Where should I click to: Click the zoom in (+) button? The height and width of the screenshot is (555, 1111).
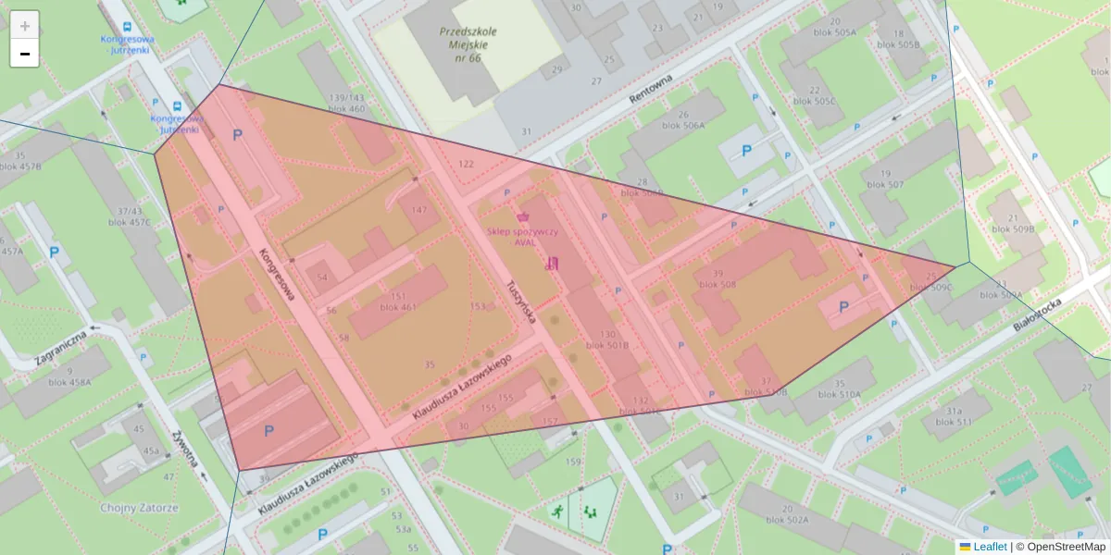(x=25, y=26)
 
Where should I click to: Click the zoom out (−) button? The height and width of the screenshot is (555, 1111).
(x=25, y=54)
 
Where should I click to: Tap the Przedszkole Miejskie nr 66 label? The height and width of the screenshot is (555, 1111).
(x=468, y=44)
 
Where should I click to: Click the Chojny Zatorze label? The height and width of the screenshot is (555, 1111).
(x=139, y=508)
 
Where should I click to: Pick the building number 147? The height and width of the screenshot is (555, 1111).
(x=418, y=210)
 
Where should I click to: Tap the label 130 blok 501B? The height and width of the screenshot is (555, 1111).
(x=607, y=339)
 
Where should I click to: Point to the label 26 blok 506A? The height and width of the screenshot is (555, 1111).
(x=683, y=120)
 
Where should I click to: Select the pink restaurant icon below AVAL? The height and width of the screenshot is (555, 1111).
(x=553, y=262)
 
